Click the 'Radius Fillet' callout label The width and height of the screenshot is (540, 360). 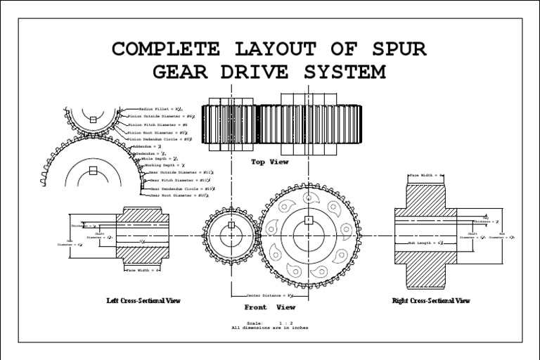[161, 110]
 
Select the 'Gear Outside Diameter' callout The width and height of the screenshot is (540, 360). [181, 172]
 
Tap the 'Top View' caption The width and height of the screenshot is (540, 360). [269, 162]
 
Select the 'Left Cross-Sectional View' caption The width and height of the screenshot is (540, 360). [143, 301]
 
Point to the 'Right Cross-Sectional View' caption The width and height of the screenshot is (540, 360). [431, 301]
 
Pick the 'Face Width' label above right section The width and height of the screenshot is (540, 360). [427, 174]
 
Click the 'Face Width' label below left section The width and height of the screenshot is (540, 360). [143, 269]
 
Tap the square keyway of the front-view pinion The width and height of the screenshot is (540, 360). [231, 225]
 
